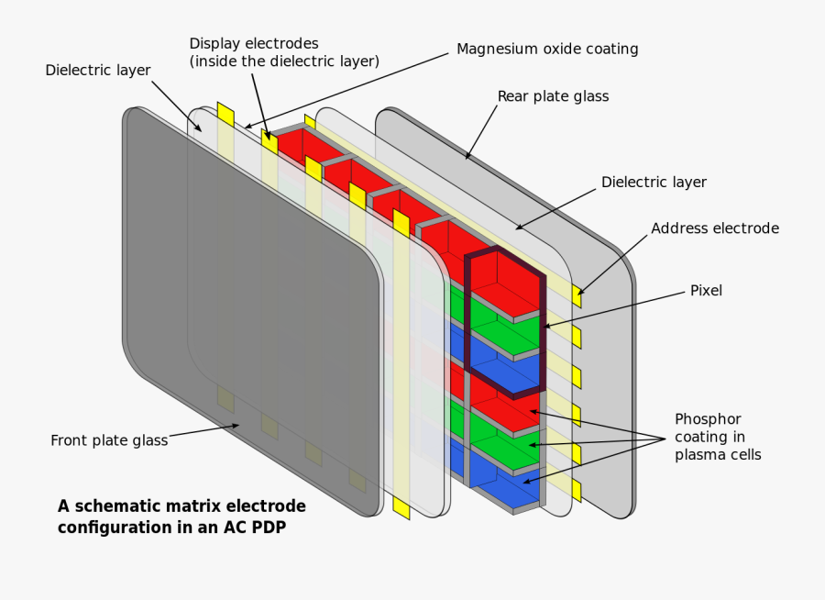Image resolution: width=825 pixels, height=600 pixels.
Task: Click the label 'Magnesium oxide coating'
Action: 547,49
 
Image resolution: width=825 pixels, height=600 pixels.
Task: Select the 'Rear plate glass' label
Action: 553,96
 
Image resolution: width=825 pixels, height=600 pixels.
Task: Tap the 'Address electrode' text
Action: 715,228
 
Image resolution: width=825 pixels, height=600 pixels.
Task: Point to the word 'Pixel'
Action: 706,291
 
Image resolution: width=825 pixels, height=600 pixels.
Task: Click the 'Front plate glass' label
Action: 109,440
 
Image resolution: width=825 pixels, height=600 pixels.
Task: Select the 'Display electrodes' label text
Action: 254,43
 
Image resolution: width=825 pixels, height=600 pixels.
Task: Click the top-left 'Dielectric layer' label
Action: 98,71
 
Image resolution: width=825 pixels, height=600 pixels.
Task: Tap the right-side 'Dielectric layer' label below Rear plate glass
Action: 654,182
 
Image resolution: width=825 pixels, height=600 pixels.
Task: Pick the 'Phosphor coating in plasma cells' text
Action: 718,436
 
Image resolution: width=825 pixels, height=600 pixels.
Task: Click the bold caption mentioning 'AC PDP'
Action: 181,517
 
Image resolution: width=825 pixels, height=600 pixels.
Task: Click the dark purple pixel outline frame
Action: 467,312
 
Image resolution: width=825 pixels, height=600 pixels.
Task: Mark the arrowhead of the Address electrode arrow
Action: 579,291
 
